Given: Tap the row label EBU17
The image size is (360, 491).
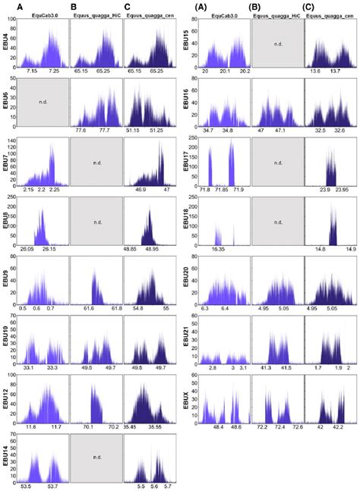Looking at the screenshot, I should point(187,157).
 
